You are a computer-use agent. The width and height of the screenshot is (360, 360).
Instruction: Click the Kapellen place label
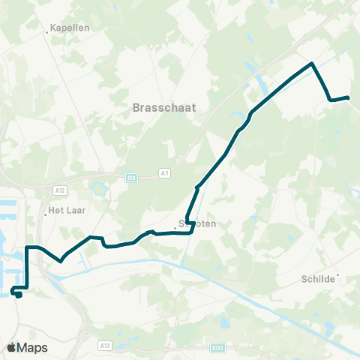tap(70, 28)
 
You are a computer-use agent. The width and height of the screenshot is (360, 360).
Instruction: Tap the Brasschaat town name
tap(163, 107)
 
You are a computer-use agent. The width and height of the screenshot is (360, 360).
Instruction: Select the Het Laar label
tap(65, 211)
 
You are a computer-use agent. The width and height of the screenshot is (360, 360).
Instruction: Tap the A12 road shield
tap(61, 190)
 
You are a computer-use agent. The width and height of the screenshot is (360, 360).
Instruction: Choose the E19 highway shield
tap(131, 177)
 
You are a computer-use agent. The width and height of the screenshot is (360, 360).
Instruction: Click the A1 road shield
tap(165, 174)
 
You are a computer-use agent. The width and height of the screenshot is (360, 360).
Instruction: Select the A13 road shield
tap(104, 346)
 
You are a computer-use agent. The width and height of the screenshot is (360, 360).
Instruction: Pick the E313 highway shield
tap(218, 348)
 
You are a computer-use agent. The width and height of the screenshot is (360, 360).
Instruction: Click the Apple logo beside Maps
tap(11, 347)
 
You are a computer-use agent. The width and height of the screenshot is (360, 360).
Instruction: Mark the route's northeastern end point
tap(348, 97)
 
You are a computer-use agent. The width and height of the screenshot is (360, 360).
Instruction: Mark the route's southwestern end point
tap(19, 295)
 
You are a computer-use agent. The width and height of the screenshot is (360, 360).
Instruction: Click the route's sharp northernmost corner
tap(312, 63)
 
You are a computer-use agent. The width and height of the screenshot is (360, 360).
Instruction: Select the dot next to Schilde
tap(338, 274)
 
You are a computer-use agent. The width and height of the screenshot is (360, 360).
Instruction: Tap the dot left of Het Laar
tap(46, 214)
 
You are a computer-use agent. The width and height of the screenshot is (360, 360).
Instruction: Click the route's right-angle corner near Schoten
tap(192, 232)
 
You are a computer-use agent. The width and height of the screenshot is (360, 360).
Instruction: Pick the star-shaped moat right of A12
tap(97, 185)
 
